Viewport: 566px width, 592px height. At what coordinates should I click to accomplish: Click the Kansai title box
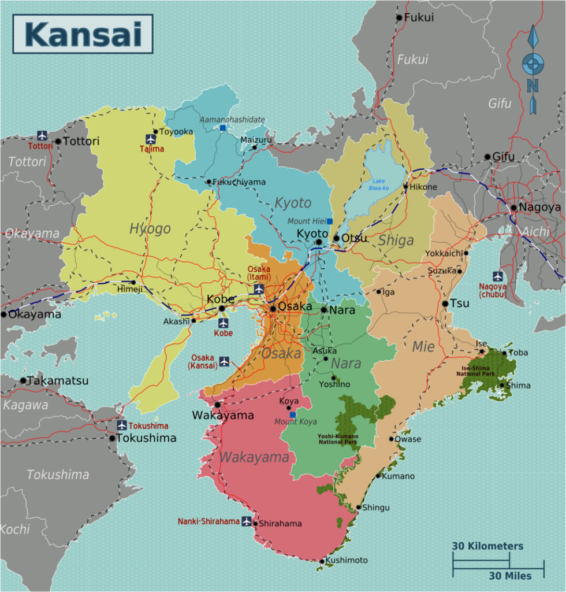click(83, 34)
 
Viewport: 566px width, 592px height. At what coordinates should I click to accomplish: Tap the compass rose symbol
click(533, 65)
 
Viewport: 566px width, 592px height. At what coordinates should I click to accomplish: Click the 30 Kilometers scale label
click(487, 546)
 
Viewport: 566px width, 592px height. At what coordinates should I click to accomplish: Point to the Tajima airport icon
click(151, 139)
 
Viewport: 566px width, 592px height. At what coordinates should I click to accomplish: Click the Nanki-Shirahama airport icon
click(247, 521)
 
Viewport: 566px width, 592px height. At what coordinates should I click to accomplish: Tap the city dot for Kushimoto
click(322, 561)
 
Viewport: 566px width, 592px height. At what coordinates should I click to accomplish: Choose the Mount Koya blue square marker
click(293, 415)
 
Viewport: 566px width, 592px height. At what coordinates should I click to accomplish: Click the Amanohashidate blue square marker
click(223, 128)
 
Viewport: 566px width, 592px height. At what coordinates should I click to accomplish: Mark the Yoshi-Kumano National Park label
click(338, 439)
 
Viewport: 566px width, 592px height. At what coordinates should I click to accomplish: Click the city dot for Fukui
click(399, 18)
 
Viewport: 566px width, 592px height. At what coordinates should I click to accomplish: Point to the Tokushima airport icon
click(122, 425)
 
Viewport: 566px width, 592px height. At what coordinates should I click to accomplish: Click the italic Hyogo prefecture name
click(150, 228)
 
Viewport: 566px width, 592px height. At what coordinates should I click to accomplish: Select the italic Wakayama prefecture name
click(254, 457)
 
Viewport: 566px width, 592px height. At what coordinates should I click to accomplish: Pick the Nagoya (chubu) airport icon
click(497, 277)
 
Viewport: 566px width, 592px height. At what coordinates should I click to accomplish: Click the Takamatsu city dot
click(23, 380)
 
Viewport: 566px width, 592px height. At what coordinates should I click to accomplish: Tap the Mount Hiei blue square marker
click(329, 221)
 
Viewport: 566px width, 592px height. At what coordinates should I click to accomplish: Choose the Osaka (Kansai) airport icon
click(224, 362)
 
